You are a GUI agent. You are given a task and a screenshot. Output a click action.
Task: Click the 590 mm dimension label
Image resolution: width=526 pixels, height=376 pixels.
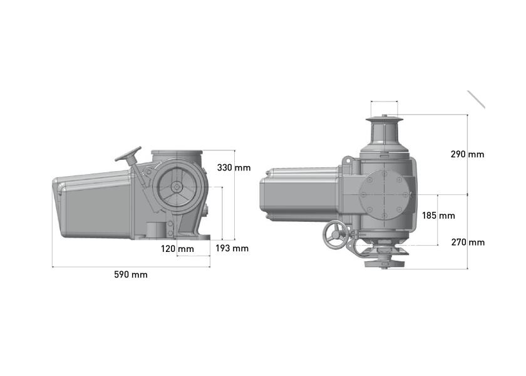(130, 274)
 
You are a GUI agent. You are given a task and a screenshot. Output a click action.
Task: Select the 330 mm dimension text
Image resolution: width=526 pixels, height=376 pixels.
(234, 167)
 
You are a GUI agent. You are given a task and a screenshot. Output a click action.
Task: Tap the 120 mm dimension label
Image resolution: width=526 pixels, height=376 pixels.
(177, 249)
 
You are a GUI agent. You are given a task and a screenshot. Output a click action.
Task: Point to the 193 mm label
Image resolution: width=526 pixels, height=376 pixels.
(232, 248)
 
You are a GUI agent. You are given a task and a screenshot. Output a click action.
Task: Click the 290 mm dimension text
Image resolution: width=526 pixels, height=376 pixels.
(467, 154)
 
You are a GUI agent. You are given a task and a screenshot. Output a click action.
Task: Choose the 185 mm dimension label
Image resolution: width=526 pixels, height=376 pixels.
(438, 216)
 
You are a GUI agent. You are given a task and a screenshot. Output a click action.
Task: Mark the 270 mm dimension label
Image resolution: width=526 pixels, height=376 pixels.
(468, 242)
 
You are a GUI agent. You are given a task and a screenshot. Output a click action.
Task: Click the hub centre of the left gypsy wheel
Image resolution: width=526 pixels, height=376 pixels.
(176, 187)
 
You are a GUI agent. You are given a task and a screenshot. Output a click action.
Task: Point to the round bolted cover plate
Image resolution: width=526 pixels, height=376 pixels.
(384, 195)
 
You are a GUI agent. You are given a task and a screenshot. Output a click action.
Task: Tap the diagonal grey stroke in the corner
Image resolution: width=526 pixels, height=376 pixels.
(477, 100)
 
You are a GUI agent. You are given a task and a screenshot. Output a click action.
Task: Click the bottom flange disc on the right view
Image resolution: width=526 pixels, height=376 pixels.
(384, 264)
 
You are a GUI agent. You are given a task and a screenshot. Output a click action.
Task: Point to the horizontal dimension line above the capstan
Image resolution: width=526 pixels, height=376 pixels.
(384, 101)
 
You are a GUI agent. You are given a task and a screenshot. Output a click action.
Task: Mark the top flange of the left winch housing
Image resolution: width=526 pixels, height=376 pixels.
(177, 152)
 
